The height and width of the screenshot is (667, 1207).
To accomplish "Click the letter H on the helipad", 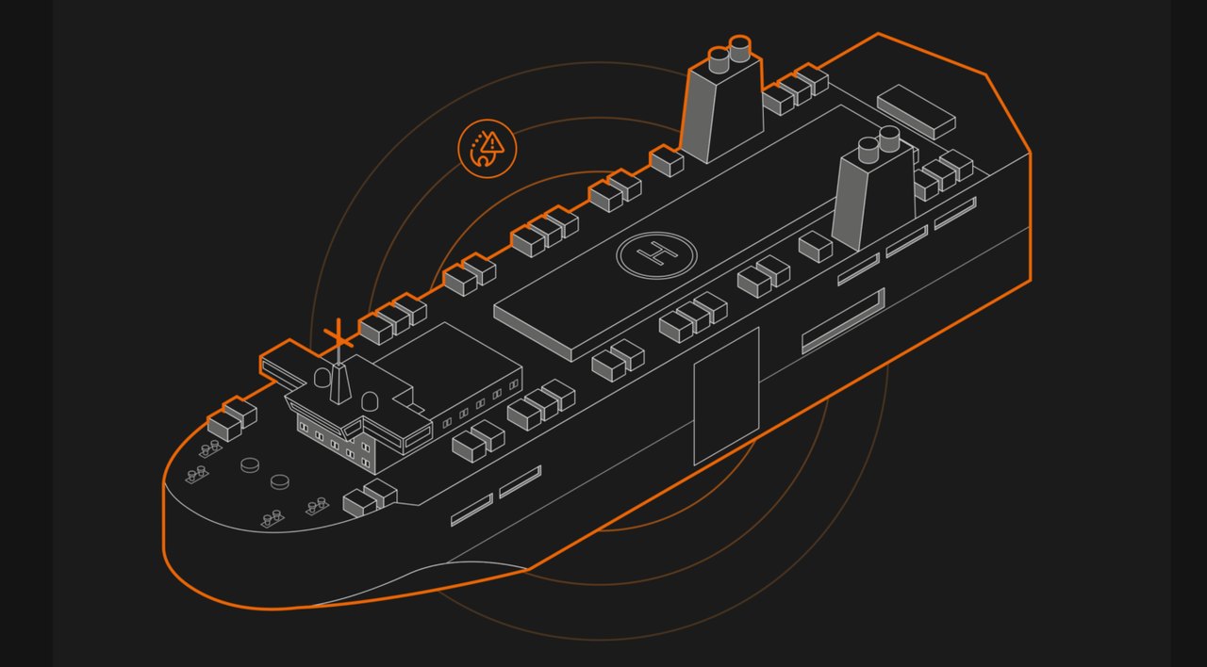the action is (x=656, y=253).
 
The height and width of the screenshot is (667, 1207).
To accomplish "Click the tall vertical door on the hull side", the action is (x=726, y=396).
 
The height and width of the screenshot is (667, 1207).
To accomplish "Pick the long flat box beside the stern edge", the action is (x=916, y=111).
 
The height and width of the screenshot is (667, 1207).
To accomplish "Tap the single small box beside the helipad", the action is (x=816, y=247).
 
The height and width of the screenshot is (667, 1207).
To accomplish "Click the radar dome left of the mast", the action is (x=322, y=378).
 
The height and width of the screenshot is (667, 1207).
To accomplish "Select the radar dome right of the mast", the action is (x=369, y=401).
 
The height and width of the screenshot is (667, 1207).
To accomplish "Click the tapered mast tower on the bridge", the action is (x=339, y=383).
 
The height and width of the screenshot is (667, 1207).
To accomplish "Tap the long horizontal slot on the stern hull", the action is (x=843, y=321).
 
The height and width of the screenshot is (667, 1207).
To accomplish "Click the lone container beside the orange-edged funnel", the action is (x=667, y=161).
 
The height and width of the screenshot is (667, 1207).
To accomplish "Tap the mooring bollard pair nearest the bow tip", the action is (x=197, y=474).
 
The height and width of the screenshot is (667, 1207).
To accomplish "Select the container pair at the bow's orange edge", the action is (x=232, y=419).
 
